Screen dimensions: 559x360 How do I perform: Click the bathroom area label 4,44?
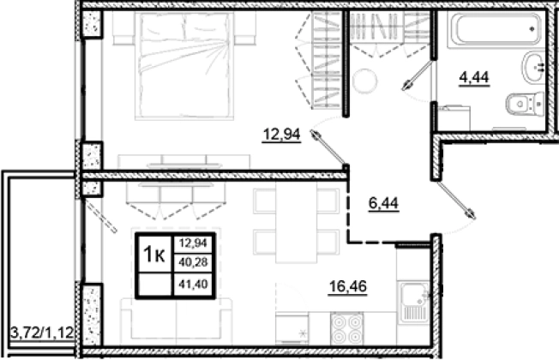pyautogui.click(x=474, y=77)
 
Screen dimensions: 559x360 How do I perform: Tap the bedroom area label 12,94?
pyautogui.click(x=281, y=135)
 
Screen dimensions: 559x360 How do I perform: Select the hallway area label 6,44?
pyautogui.click(x=383, y=203)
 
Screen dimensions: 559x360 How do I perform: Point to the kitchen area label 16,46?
pyautogui.click(x=347, y=286)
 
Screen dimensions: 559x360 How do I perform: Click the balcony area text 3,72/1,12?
pyautogui.click(x=42, y=333)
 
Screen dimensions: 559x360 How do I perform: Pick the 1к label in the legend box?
pyautogui.click(x=154, y=254)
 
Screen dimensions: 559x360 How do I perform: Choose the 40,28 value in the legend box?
pyautogui.click(x=193, y=263)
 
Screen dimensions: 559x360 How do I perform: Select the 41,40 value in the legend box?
pyautogui.click(x=193, y=285)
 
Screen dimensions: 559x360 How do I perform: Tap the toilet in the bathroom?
pyautogui.click(x=525, y=104)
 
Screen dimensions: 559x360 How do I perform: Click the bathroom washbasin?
pyautogui.click(x=533, y=68)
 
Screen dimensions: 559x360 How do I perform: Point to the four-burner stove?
pyautogui.click(x=347, y=328)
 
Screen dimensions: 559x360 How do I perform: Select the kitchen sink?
pyautogui.click(x=415, y=303)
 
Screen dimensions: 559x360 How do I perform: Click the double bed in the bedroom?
pyautogui.click(x=184, y=66)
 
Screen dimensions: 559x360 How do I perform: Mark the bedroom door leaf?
pyautogui.click(x=328, y=147)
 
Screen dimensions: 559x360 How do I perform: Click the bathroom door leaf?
pyautogui.click(x=418, y=75)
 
